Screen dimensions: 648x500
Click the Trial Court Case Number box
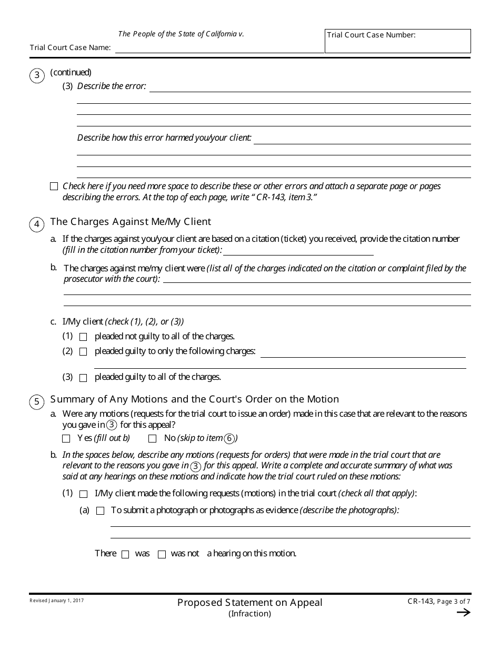397,41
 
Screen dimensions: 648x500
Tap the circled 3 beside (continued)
37,75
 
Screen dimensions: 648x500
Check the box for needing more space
54,186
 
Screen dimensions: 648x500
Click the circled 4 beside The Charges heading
37,224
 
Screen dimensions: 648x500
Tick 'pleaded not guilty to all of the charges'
83,337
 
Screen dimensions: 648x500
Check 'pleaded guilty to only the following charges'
83,352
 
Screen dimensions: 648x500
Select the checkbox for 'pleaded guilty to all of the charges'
83,378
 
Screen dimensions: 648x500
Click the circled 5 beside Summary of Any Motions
37,402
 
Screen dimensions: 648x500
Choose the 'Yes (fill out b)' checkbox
66,438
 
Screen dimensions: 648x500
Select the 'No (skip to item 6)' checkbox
153,438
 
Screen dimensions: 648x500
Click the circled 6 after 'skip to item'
229,438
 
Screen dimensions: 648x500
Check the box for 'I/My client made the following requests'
83,494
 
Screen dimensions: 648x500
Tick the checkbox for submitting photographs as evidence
101,510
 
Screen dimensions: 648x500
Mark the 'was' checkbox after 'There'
125,554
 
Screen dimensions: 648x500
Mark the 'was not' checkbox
162,554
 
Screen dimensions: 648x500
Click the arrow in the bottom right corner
463,612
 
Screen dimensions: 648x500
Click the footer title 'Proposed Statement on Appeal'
249,602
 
